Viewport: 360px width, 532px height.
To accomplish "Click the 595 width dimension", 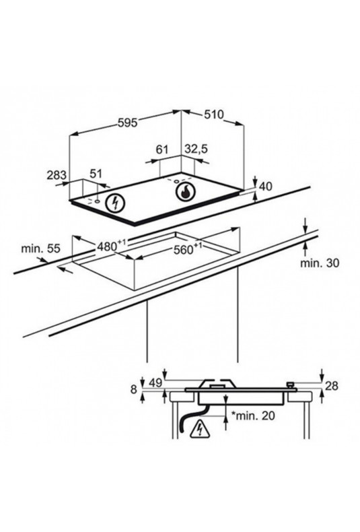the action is (x=127, y=123).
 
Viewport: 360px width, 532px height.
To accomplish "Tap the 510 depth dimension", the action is (x=214, y=114).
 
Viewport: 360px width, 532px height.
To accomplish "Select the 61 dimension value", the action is (x=162, y=149).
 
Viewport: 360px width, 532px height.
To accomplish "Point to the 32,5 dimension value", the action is (x=196, y=149).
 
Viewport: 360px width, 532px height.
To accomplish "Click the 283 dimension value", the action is (x=57, y=175).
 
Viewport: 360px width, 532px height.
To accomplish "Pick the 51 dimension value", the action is (x=96, y=174).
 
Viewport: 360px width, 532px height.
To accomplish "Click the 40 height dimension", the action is (x=265, y=187).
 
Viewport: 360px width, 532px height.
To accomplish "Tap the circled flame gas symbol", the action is (x=186, y=192).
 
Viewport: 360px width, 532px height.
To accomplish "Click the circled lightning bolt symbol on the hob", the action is (x=116, y=203).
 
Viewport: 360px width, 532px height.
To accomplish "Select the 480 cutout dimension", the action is (x=112, y=245).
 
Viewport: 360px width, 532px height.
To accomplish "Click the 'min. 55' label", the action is (x=40, y=248).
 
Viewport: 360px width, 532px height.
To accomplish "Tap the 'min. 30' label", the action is (x=320, y=263).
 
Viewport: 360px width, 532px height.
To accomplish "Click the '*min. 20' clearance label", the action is (x=253, y=415).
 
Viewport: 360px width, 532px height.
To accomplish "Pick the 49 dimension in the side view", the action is (x=155, y=383).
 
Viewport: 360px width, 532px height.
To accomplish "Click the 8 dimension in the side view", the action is (x=134, y=389).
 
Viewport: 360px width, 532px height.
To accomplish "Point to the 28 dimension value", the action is (x=332, y=385).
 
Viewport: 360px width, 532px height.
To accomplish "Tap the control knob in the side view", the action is (x=290, y=385).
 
